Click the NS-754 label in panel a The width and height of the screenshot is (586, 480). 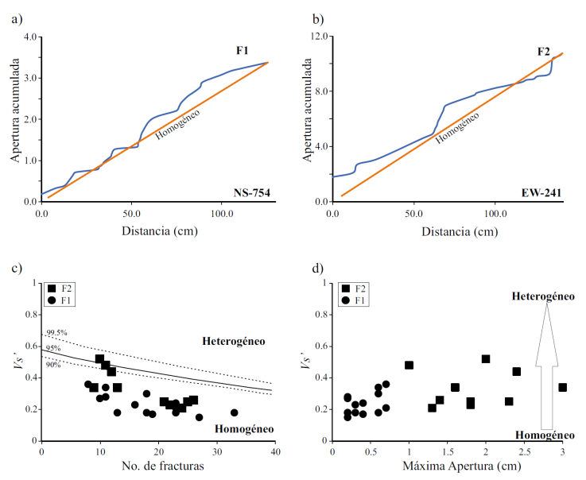click(x=250, y=191)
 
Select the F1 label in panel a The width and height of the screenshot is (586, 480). click(x=243, y=51)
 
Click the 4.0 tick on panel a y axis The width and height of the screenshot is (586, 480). click(x=31, y=37)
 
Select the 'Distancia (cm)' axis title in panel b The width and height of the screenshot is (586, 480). click(x=448, y=232)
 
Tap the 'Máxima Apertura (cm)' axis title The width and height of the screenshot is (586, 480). click(x=448, y=466)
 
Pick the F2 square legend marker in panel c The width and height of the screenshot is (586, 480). click(x=52, y=289)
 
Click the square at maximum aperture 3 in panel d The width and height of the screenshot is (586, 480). click(x=562, y=387)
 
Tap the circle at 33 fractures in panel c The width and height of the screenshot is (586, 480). click(x=235, y=412)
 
